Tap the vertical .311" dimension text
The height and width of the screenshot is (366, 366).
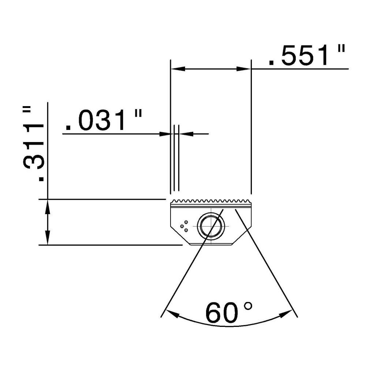33,143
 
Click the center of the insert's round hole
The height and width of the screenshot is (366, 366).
210,226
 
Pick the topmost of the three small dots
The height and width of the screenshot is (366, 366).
186,222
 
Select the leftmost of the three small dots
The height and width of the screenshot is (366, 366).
182,226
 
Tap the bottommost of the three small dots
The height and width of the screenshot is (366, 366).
186,230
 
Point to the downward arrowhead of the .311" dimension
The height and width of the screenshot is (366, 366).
48,238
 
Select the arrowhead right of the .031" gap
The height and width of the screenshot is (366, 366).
186,134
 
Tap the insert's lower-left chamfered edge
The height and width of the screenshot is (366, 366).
180,236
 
